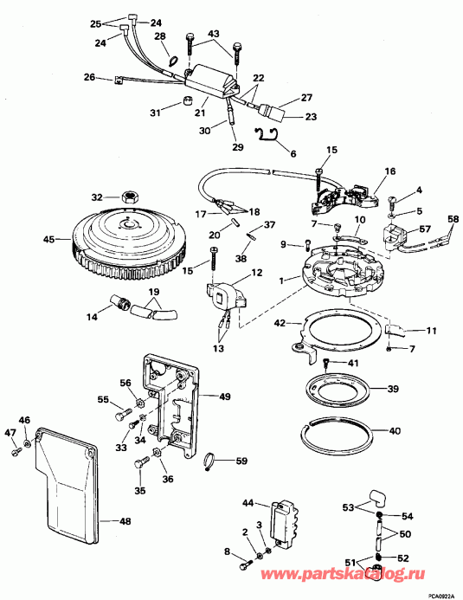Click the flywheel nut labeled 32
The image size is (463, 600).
pyautogui.click(x=130, y=197)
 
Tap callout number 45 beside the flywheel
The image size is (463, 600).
pyautogui.click(x=49, y=240)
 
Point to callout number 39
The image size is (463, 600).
pyautogui.click(x=393, y=389)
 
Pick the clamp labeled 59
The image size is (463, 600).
pyautogui.click(x=209, y=458)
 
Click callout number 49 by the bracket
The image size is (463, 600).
pyautogui.click(x=225, y=397)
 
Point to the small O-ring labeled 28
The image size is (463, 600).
pyautogui.click(x=173, y=61)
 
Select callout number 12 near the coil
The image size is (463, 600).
pyautogui.click(x=257, y=273)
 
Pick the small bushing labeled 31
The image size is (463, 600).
pyautogui.click(x=186, y=101)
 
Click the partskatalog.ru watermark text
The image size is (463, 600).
pyautogui.click(x=343, y=574)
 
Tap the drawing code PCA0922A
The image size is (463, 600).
pyautogui.click(x=442, y=596)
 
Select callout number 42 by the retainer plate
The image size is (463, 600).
pyautogui.click(x=280, y=324)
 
